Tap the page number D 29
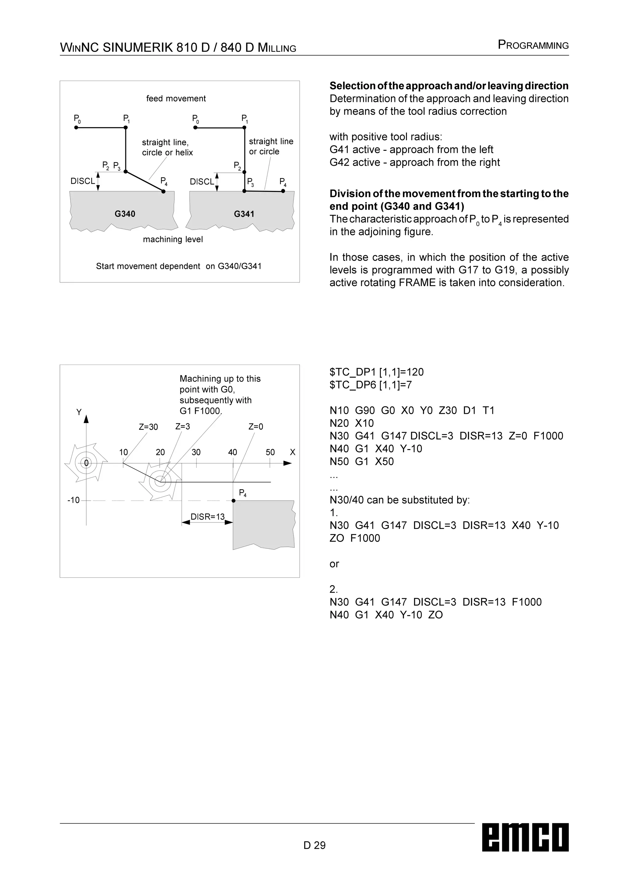click(x=314, y=845)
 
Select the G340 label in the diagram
click(x=125, y=214)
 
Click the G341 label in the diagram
click(x=244, y=214)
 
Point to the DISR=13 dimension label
click(x=208, y=517)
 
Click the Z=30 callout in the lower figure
click(x=148, y=427)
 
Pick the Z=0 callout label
click(x=256, y=427)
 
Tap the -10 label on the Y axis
click(x=74, y=500)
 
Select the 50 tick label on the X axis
click(x=270, y=452)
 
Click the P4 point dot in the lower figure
click(x=233, y=501)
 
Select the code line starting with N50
click(x=362, y=461)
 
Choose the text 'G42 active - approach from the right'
click(x=414, y=162)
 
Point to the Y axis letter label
click(x=79, y=412)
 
